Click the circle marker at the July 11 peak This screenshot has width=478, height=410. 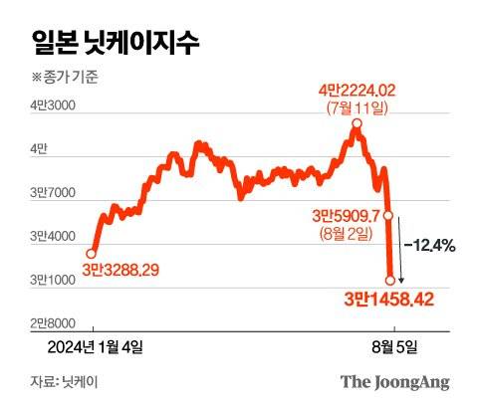tap(356, 124)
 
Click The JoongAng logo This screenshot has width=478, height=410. tap(395, 381)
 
